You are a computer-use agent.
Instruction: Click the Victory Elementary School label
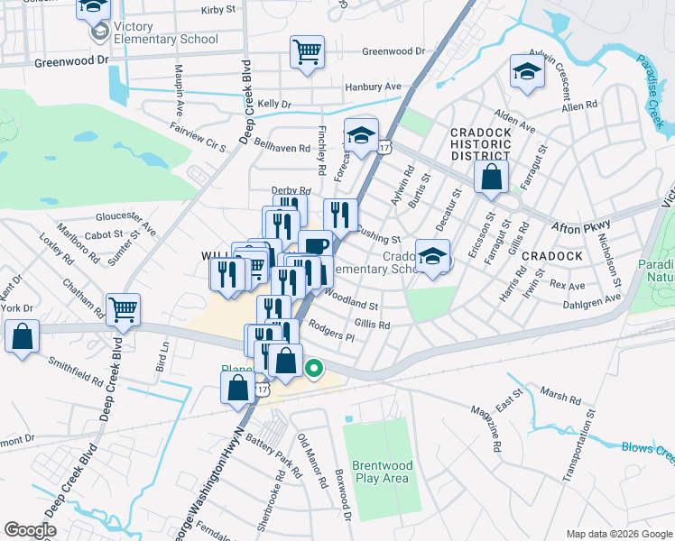[x=165, y=39]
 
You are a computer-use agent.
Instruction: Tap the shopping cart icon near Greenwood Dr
[x=307, y=51]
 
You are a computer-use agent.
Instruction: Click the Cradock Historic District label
[x=481, y=144]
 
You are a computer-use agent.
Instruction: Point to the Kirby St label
[x=218, y=10]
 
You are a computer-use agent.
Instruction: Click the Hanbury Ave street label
[x=373, y=87]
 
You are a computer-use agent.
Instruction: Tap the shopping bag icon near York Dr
[x=22, y=336]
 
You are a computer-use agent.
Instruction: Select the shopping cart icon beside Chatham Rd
[x=123, y=309]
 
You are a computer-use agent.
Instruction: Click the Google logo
[x=30, y=530]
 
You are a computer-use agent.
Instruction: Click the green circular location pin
[x=314, y=368]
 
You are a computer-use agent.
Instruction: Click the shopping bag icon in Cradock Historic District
[x=490, y=178]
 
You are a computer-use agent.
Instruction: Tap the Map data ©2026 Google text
[x=617, y=534]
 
